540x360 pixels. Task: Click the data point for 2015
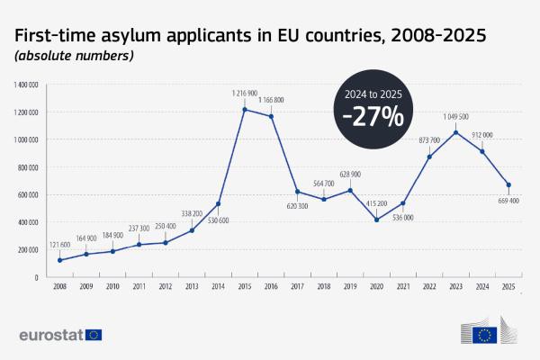(x=245, y=110)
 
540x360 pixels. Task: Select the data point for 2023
(x=456, y=132)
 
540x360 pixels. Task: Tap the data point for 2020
(x=377, y=220)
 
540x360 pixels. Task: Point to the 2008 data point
(x=59, y=260)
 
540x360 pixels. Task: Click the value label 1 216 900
(x=245, y=93)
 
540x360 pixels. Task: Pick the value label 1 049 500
(x=456, y=116)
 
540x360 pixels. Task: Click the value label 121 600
(x=59, y=245)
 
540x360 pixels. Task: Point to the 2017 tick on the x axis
(x=298, y=287)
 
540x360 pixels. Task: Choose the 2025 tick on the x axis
(x=509, y=287)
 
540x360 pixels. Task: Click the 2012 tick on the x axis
(x=166, y=287)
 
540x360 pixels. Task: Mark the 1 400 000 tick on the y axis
(x=26, y=85)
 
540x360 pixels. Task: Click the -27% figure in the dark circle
(x=373, y=116)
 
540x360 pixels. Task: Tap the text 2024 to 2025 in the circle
(x=373, y=92)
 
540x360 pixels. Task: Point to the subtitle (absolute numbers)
(x=73, y=57)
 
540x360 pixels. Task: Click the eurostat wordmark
(x=50, y=335)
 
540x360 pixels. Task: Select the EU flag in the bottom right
(x=485, y=335)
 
